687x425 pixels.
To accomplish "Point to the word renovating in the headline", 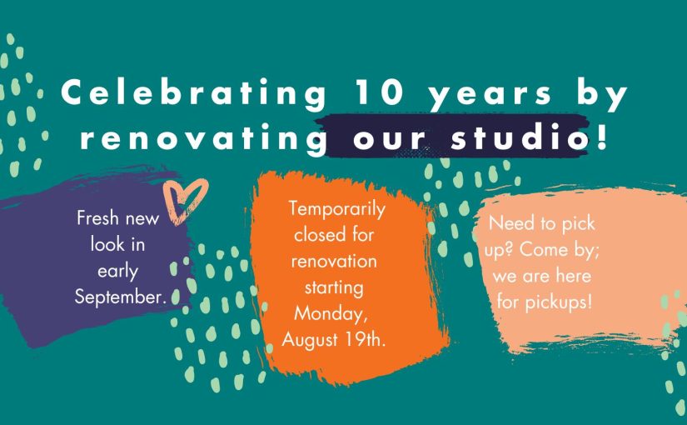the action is (203, 138).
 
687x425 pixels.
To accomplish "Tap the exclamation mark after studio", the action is (602, 137).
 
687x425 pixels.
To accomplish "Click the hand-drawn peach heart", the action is (185, 201).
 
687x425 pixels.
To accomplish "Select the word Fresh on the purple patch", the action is (96, 218).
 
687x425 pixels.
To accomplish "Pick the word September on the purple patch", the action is (120, 298).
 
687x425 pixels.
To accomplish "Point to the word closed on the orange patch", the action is (316, 235).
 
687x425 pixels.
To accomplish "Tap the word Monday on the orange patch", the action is (330, 314).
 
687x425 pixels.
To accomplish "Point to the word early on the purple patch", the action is (117, 272).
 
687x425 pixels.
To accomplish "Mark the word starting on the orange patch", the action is (334, 289).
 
